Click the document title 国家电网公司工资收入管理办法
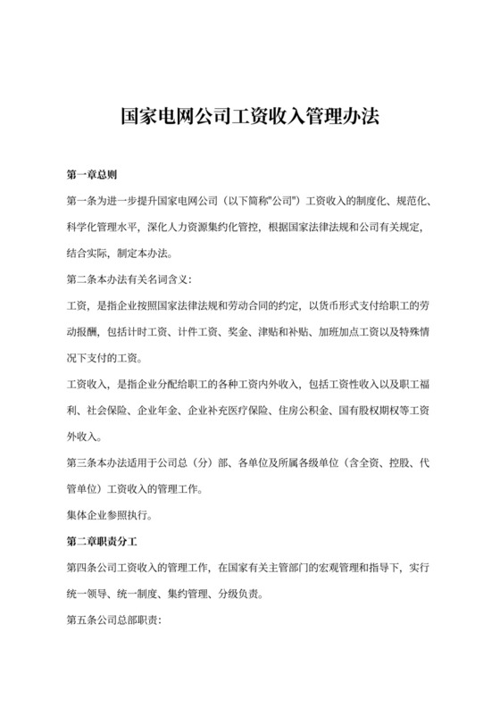pyautogui.click(x=249, y=117)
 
